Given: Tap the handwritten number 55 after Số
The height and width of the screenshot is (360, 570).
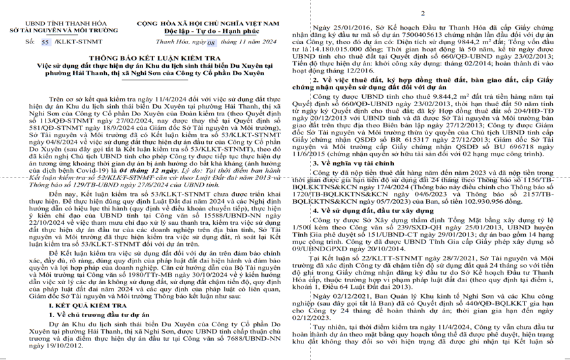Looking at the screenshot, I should tap(46, 41).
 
